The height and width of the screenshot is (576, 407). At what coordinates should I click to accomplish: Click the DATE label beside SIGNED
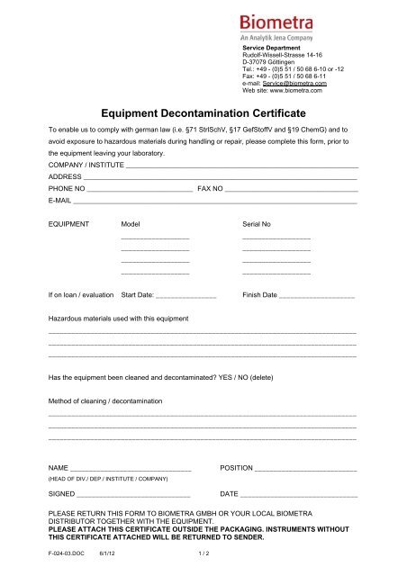[x=229, y=494]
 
